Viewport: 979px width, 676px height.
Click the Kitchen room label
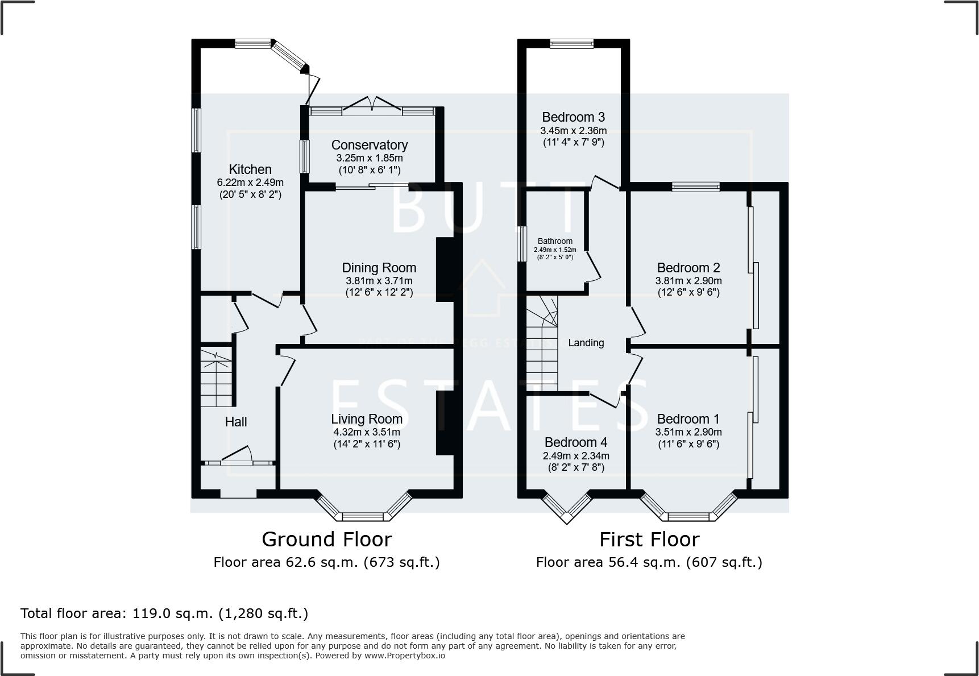(x=250, y=169)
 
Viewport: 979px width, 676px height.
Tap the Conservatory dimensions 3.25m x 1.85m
(x=370, y=158)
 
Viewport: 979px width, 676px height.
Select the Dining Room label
(x=379, y=268)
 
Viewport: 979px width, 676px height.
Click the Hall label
(x=236, y=422)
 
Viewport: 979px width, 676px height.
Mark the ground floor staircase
(x=217, y=378)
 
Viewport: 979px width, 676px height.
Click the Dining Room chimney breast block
(x=445, y=269)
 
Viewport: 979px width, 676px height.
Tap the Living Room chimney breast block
(x=445, y=422)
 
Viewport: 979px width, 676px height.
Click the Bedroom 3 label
(x=573, y=117)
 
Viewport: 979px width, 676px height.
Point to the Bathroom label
(x=555, y=241)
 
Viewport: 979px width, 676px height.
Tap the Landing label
(x=586, y=343)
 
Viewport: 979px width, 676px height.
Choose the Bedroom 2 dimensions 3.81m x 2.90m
(x=688, y=281)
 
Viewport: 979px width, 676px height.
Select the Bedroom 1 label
(x=688, y=419)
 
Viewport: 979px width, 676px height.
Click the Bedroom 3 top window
(x=571, y=43)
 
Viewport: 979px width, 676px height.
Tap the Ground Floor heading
(x=326, y=539)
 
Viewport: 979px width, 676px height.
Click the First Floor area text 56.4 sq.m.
(x=649, y=562)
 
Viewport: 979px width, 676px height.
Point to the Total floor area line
(x=164, y=613)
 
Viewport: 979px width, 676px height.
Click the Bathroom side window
(x=521, y=244)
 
